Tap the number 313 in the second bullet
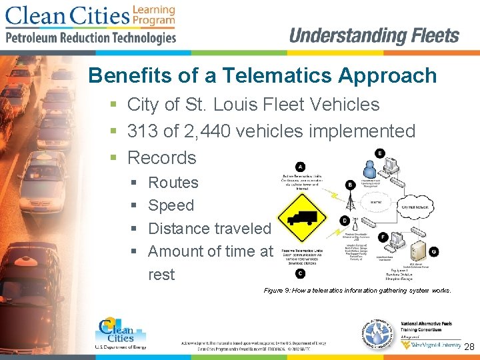[x=144, y=131]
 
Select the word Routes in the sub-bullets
[x=173, y=183]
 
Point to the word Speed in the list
[x=171, y=205]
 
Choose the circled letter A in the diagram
[x=300, y=166]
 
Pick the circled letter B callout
[x=350, y=185]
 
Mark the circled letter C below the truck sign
[x=300, y=273]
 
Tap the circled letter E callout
[x=380, y=153]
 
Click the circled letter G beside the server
[x=433, y=252]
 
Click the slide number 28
[x=469, y=347]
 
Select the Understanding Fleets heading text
[x=374, y=36]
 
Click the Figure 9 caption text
[x=357, y=291]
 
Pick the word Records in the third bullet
[x=161, y=158]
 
